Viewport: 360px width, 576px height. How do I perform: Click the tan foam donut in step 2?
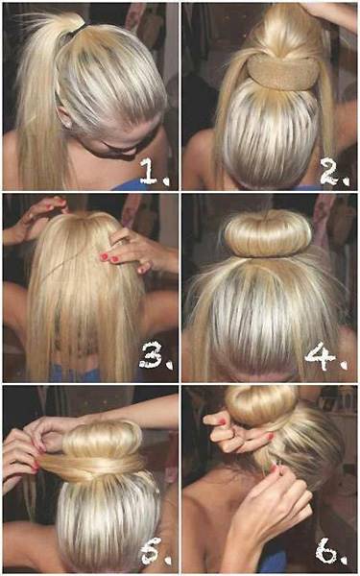[283, 72]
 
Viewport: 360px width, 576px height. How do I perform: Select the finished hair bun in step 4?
[268, 234]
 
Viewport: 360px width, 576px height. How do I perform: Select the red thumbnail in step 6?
[271, 437]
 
